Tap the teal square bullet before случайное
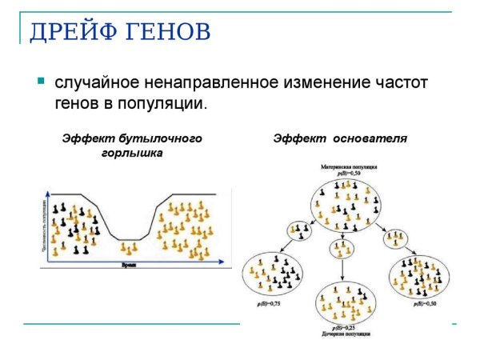click(40, 81)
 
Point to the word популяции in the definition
click(166, 104)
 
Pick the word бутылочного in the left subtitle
click(160, 138)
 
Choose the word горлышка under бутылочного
click(132, 152)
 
